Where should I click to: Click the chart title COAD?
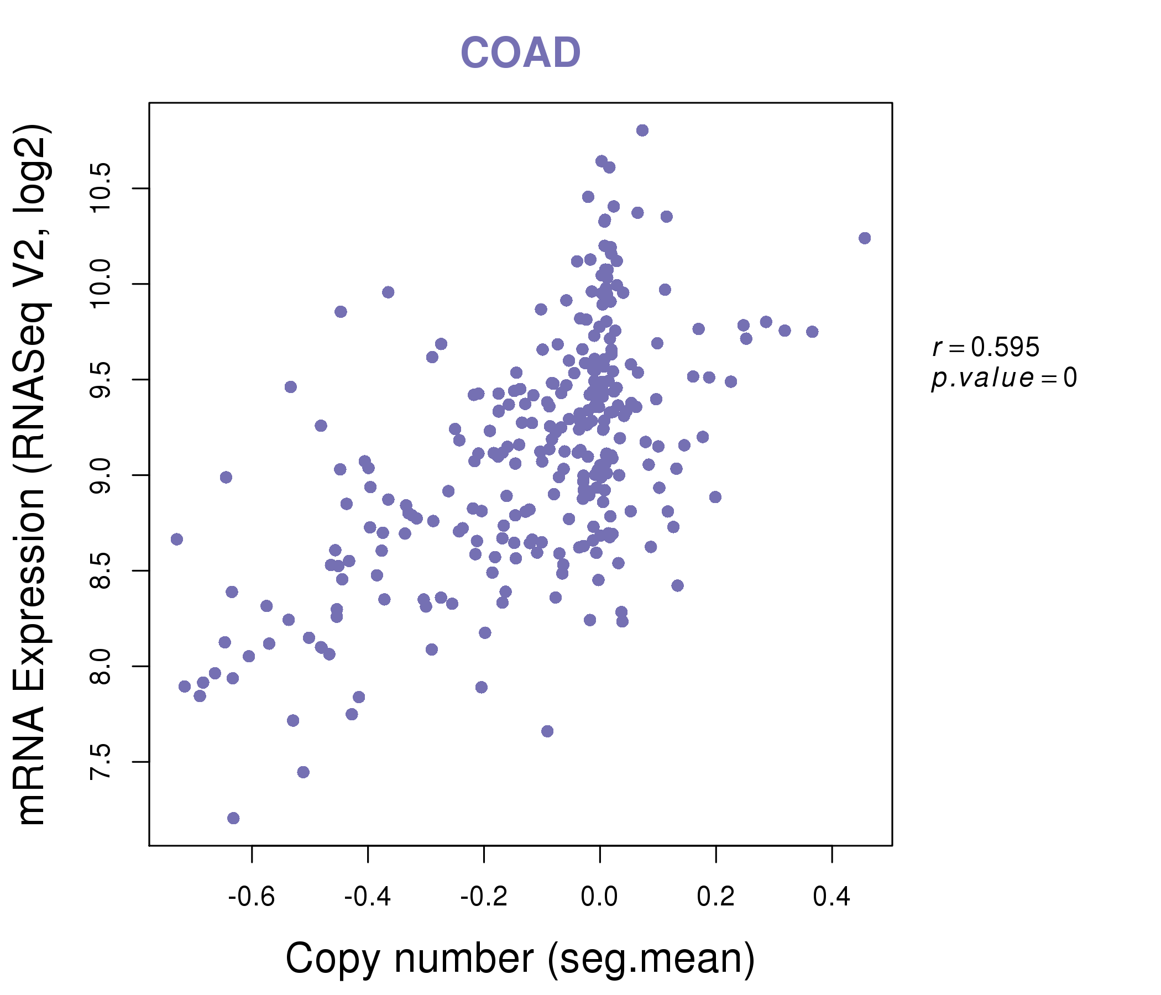[x=520, y=53]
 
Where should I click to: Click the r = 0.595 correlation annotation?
[x=986, y=347]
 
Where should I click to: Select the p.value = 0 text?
[x=1003, y=378]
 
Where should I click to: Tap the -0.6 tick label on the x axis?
[x=251, y=897]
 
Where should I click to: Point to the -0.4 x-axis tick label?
[x=368, y=897]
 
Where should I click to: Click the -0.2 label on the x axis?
[x=484, y=897]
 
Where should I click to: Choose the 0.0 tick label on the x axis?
[x=599, y=897]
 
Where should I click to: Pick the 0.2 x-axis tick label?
[x=715, y=897]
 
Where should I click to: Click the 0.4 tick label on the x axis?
[x=831, y=897]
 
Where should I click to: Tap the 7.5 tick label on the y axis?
[x=101, y=761]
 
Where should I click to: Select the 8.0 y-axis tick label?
[x=101, y=666]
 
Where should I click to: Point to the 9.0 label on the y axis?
[x=101, y=475]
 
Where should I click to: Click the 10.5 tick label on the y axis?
[x=101, y=189]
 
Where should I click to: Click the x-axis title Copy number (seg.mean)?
[x=520, y=959]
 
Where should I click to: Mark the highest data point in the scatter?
[x=642, y=130]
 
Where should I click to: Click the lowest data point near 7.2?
[x=234, y=818]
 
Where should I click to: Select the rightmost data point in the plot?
[x=865, y=238]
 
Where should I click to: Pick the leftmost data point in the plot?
[x=177, y=539]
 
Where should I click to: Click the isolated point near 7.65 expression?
[x=547, y=731]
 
